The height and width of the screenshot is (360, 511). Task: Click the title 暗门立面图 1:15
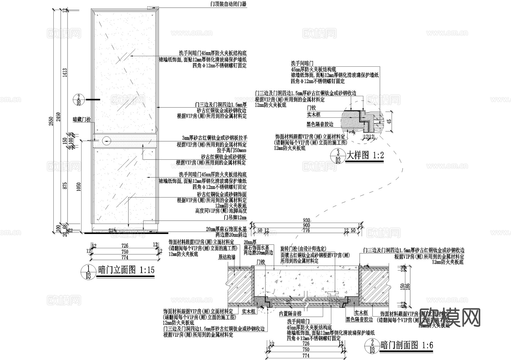coord(126,270)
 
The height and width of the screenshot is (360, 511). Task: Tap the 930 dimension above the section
coord(306,220)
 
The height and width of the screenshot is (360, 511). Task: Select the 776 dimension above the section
coord(306,230)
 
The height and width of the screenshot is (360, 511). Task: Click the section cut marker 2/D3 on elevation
coord(79,100)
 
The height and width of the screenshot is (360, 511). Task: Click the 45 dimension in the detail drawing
coord(389,121)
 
